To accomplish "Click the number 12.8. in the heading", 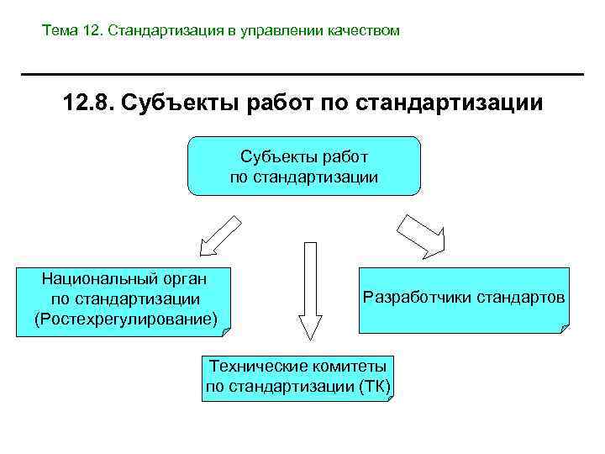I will [x=88, y=104].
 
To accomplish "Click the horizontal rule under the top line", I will [x=302, y=75].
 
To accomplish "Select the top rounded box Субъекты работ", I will [x=303, y=166].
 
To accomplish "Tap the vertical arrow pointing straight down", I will [x=310, y=290].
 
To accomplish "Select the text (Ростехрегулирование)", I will [x=125, y=319].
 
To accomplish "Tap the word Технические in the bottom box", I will [x=250, y=367].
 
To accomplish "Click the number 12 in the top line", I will [x=91, y=31].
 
